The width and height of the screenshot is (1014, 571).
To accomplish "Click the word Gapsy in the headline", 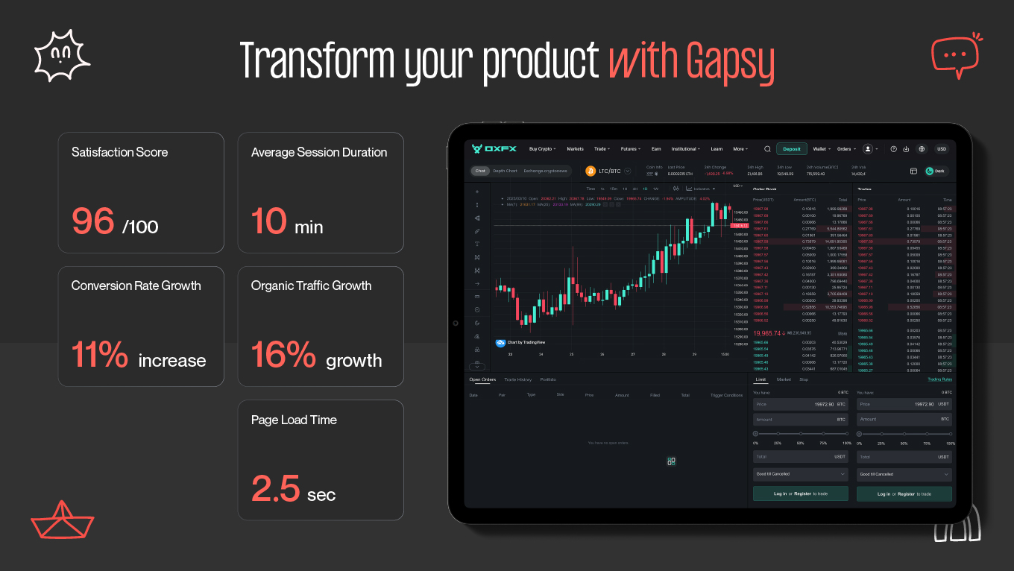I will (x=731, y=62).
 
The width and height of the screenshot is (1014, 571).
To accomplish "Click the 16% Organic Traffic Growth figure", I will (x=283, y=354).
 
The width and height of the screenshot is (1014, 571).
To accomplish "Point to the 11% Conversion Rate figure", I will (x=100, y=354).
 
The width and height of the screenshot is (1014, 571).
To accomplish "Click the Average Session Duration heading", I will (x=319, y=152).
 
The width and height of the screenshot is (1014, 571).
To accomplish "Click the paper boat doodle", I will (x=62, y=519).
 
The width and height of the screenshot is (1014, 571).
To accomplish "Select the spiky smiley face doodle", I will (x=62, y=55).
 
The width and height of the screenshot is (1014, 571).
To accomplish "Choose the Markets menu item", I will (x=575, y=149).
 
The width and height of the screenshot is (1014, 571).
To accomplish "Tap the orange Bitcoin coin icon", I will (x=591, y=171).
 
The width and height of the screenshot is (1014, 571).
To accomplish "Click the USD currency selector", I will (x=942, y=149).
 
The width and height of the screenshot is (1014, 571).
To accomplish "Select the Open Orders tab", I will (x=482, y=379).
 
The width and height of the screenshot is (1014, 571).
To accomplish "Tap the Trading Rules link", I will (x=939, y=379).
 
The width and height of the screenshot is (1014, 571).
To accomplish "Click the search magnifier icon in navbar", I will (x=767, y=149).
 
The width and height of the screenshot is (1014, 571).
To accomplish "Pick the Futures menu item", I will (x=630, y=149).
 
